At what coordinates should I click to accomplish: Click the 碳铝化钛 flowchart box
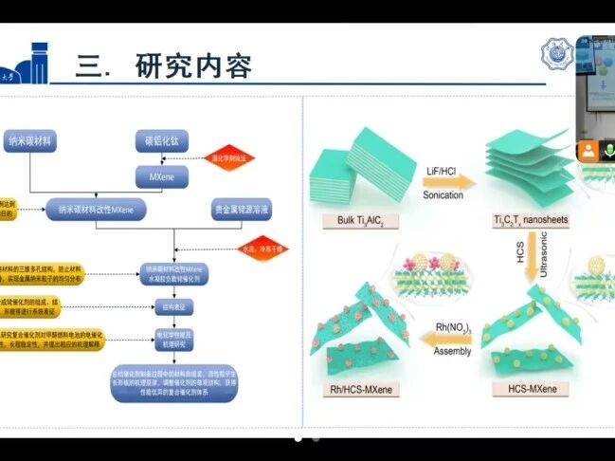(x=161, y=141)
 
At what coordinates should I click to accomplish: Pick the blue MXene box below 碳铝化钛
(x=161, y=177)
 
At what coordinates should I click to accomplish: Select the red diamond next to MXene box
(x=228, y=159)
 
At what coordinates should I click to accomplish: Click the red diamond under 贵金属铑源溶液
(x=262, y=248)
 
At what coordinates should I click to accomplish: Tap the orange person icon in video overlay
(x=588, y=150)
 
